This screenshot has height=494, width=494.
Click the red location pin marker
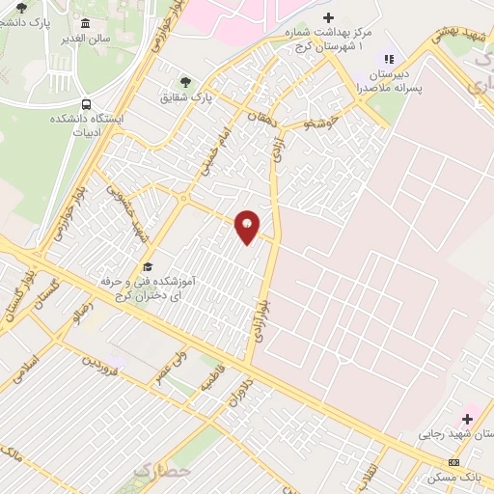coord(247,227)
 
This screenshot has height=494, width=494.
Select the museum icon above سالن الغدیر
coord(86,23)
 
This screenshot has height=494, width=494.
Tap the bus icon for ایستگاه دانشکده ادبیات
coord(87,104)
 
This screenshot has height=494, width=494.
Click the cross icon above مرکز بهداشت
coord(329,17)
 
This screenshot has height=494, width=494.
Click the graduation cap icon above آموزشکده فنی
coord(149,265)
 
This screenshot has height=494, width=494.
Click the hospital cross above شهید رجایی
coord(468,418)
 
